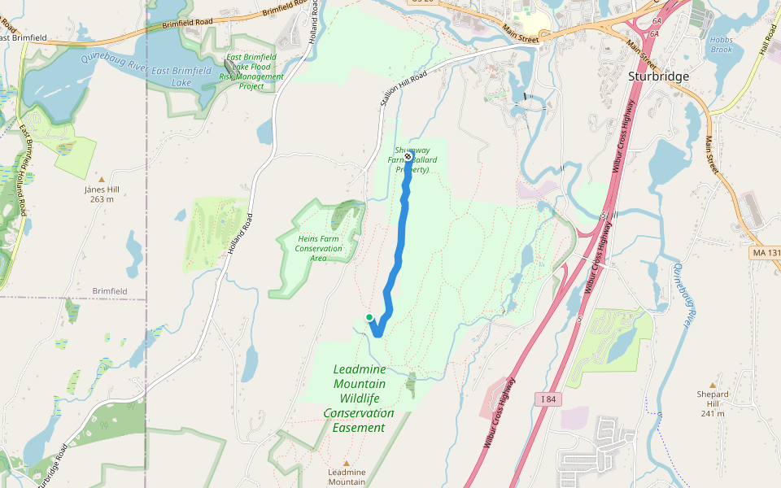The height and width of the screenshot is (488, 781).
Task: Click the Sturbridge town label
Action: [658, 76]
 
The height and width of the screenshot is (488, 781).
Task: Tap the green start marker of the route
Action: [369, 317]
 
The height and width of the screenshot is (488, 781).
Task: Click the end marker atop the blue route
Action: [408, 157]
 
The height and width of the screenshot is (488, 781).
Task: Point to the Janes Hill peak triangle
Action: [102, 179]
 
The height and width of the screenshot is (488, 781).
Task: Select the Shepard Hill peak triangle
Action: [713, 385]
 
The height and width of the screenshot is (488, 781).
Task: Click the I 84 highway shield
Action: [549, 398]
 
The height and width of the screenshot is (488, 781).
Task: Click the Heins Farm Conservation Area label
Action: [318, 248]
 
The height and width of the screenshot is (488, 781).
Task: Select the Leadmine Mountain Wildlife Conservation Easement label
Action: [359, 399]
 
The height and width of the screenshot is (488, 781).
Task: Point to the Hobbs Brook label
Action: [721, 44]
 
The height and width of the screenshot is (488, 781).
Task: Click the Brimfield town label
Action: [110, 290]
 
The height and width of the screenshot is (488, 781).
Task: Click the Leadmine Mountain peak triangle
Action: [346, 463]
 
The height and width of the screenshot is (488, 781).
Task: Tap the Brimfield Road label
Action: [186, 24]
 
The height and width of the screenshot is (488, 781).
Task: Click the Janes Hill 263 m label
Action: [102, 194]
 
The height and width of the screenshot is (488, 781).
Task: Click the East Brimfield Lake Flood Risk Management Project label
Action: [251, 72]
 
